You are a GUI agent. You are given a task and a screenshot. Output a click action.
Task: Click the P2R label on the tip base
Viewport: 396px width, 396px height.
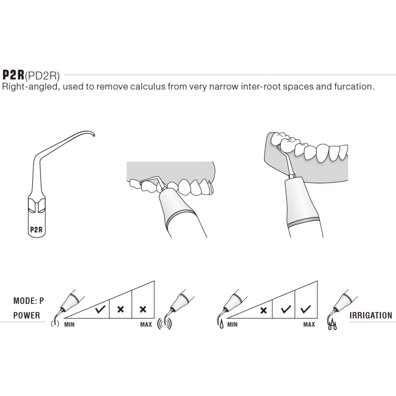coord(36,229)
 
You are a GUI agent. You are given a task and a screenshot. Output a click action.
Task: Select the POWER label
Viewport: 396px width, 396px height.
coord(26,315)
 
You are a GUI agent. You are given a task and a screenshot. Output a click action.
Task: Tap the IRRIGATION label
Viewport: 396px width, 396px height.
coord(371,315)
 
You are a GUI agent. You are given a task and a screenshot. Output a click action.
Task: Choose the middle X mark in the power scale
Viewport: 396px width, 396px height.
coord(120,310)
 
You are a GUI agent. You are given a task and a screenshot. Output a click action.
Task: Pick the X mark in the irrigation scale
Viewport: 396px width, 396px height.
coord(263,310)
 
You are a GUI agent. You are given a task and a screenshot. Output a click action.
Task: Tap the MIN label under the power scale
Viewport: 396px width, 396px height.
coord(70,325)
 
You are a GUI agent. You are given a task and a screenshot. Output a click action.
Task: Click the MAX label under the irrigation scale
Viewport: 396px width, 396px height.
coord(309,325)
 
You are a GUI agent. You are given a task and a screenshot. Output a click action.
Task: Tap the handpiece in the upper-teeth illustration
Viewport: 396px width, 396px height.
coord(178,208)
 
